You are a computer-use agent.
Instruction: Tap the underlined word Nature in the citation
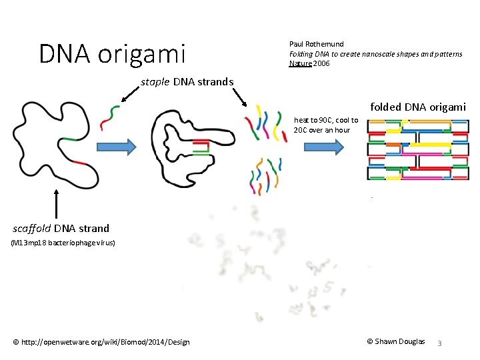click(299, 64)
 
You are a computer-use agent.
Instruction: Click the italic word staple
click(155, 82)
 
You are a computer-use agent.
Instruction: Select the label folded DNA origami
click(418, 107)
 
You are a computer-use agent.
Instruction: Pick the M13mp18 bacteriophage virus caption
click(63, 243)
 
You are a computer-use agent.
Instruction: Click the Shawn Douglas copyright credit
click(396, 341)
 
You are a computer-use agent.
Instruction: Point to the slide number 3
click(439, 343)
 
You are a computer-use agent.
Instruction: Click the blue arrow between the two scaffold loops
click(117, 146)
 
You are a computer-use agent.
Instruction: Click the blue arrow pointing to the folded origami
click(322, 146)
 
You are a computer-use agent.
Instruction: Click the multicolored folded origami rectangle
click(418, 150)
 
